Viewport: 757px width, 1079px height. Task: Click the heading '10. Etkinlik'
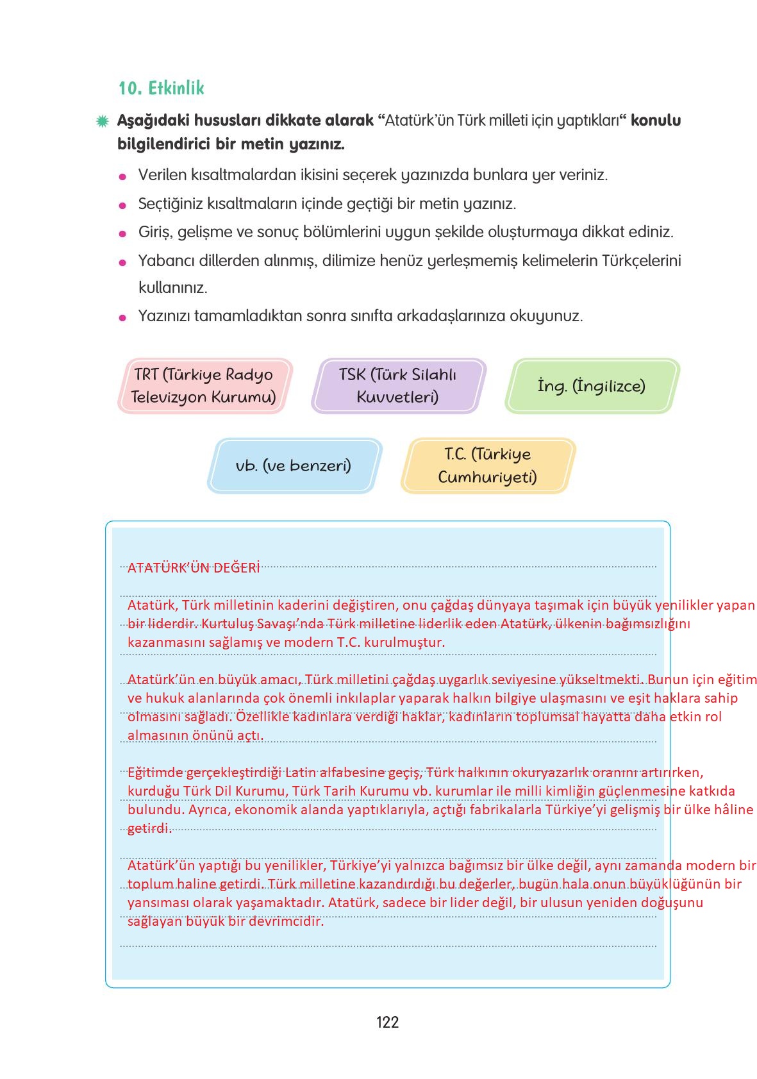[161, 88]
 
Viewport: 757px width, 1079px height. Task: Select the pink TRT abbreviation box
[204, 385]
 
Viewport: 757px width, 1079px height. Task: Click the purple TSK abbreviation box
[398, 385]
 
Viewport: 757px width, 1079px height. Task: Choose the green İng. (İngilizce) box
[592, 385]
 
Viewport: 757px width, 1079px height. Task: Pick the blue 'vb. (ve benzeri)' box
[294, 465]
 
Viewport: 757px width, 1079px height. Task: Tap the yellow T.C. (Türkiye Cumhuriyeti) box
[488, 465]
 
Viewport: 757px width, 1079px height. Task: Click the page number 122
[387, 1022]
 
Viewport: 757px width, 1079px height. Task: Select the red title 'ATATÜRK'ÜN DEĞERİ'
[194, 567]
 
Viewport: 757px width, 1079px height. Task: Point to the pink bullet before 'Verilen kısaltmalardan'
[123, 177]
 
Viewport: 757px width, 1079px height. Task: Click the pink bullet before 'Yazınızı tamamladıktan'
[123, 318]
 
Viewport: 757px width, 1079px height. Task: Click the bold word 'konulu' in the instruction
[656, 121]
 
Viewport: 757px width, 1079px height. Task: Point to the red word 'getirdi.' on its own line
[149, 828]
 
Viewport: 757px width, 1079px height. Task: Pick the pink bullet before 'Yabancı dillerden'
[123, 263]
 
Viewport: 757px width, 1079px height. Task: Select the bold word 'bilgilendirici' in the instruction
[163, 144]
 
